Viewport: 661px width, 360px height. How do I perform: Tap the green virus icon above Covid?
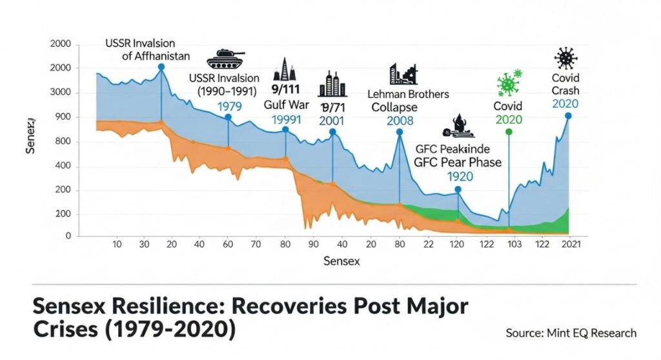coord(509,84)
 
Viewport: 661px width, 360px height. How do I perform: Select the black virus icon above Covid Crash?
coord(566,59)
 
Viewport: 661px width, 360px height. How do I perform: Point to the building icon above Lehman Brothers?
coord(402,74)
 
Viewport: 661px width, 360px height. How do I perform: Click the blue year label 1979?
coord(229,106)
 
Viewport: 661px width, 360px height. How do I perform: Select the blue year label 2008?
coord(400,121)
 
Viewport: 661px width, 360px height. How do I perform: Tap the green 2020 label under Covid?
coord(508,119)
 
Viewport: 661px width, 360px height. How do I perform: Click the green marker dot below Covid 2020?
coord(509,132)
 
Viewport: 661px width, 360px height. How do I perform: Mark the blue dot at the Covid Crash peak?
coord(568,116)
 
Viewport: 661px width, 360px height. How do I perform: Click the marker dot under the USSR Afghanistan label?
coord(161,67)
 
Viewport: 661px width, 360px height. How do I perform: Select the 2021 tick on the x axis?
coord(571,244)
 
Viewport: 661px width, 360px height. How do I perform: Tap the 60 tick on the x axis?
coord(227,245)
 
